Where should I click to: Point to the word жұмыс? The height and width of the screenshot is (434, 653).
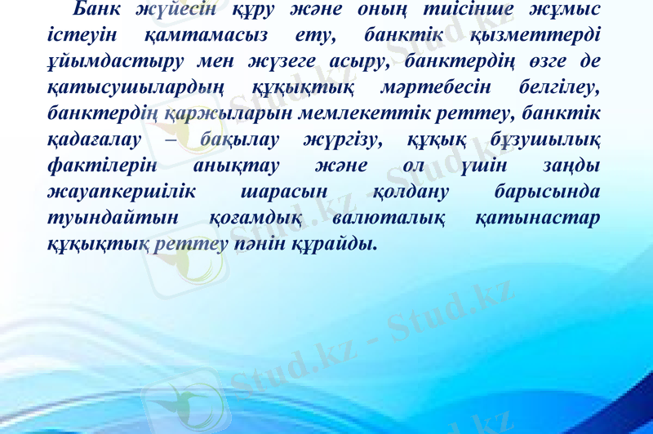pyautogui.click(x=562, y=10)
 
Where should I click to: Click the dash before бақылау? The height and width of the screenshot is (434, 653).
pyautogui.click(x=177, y=139)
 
